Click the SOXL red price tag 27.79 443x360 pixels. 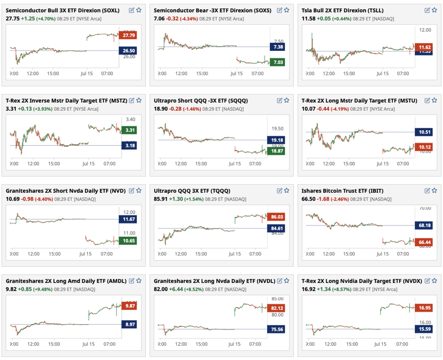click(x=128, y=35)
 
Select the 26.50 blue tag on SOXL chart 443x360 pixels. click(x=128, y=51)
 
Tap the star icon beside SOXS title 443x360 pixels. click(x=287, y=10)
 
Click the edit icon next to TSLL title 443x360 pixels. click(x=427, y=10)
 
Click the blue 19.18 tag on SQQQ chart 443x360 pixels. click(x=276, y=140)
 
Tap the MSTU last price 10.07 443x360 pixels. click(x=308, y=109)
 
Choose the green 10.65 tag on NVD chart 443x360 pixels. click(x=128, y=241)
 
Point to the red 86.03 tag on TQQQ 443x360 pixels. click(x=276, y=217)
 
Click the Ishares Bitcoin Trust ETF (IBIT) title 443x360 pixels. click(x=343, y=191)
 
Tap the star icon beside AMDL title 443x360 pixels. click(x=139, y=281)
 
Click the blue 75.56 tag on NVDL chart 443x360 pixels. click(x=276, y=329)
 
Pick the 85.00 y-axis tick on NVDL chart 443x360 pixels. click(x=277, y=299)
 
